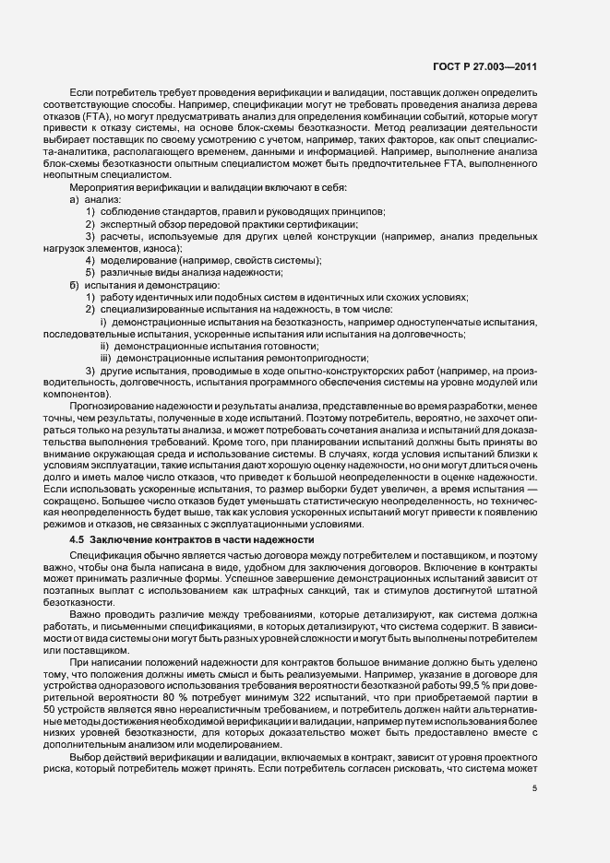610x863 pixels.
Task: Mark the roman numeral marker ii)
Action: pyautogui.click(x=105, y=345)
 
